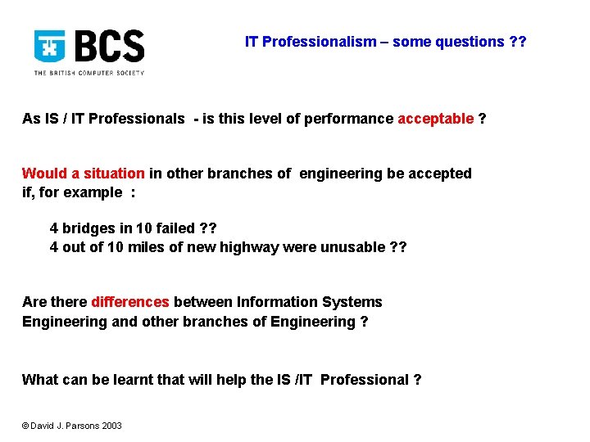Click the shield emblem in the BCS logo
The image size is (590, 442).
pyautogui.click(x=49, y=46)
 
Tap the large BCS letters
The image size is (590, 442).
pyautogui.click(x=110, y=47)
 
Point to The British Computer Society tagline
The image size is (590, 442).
pyautogui.click(x=88, y=73)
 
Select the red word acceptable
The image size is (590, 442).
pyautogui.click(x=435, y=119)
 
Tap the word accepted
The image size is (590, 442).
pyautogui.click(x=442, y=174)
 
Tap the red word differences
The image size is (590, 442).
pyautogui.click(x=130, y=302)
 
